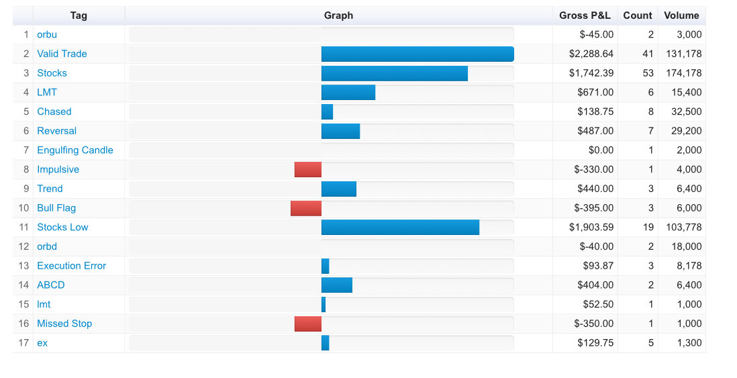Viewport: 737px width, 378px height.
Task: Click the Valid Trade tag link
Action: pos(62,54)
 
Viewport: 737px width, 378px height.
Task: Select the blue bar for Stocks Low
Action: pos(401,227)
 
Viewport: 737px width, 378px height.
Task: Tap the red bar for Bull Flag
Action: pos(306,208)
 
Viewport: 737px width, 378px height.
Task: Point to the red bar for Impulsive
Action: pos(308,169)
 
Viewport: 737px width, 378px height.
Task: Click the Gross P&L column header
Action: pos(585,15)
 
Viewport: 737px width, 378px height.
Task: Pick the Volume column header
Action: pos(681,15)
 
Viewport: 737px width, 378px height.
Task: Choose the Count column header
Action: pos(638,15)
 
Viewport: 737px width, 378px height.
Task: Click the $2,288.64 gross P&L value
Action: pos(591,54)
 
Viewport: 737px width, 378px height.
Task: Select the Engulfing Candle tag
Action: pos(75,150)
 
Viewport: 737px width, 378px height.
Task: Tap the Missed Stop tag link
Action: pos(64,324)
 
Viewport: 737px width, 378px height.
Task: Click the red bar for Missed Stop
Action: pos(308,324)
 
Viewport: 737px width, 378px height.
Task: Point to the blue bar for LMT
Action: pos(348,92)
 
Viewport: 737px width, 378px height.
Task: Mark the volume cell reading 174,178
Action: pos(683,73)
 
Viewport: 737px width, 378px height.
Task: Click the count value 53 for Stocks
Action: pos(648,73)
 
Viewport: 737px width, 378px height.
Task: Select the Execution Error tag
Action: pos(71,266)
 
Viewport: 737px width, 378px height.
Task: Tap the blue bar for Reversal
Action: pos(341,131)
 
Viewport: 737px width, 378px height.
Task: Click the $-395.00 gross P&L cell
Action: pos(593,208)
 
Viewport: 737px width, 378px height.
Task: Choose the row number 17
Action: pos(23,342)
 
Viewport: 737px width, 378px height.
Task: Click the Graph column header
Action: pos(338,15)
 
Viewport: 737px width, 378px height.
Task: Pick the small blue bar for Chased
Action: pos(327,111)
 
